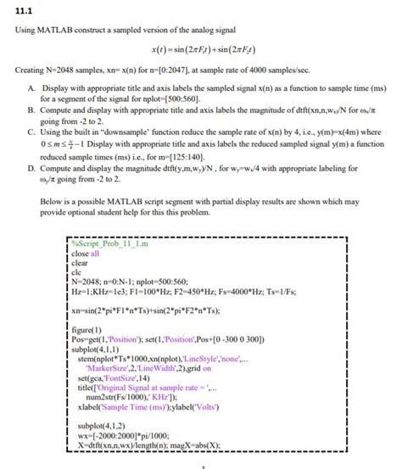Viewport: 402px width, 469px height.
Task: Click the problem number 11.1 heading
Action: point(25,11)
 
